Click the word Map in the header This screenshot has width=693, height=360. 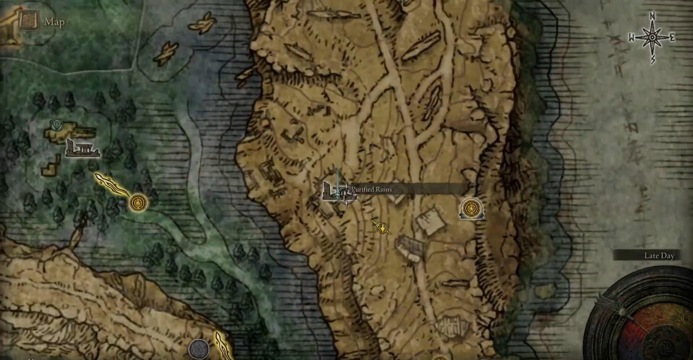coord(54,22)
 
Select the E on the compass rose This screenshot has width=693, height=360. coord(672,38)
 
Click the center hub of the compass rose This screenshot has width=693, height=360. coord(653,38)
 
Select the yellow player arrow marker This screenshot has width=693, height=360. coord(382,227)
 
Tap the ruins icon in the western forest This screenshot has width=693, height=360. coord(82,149)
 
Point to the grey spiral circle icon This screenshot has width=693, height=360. coord(199,349)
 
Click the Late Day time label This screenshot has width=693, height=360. coord(659,256)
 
